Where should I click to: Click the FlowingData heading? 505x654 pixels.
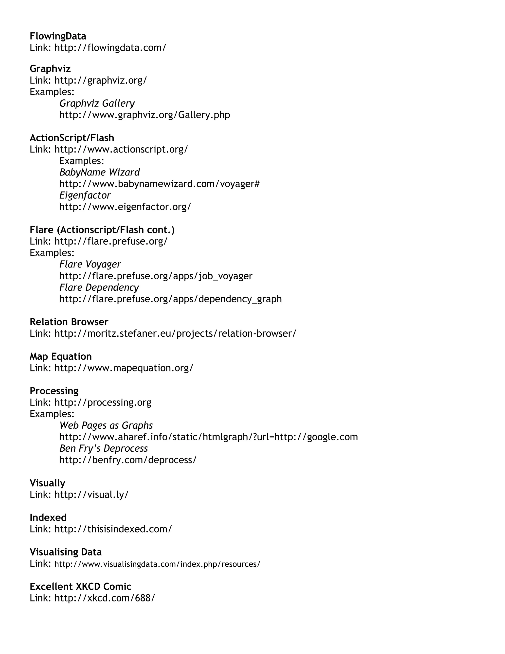click(58, 36)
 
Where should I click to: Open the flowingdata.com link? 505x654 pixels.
click(110, 48)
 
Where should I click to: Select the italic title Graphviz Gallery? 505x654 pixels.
click(97, 103)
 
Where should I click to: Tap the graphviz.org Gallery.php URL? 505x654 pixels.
click(144, 115)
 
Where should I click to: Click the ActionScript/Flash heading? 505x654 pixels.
click(72, 138)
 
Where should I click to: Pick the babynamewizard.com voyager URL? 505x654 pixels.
click(160, 184)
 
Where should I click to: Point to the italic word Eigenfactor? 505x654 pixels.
click(85, 195)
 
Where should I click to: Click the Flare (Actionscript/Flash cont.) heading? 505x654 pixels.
click(102, 230)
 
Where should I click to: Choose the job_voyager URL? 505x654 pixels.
click(156, 276)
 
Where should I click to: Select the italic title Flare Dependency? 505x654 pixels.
click(99, 288)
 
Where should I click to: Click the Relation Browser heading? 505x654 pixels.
click(69, 322)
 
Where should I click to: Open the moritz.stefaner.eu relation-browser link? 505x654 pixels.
click(175, 333)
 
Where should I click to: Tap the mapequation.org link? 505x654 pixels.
click(124, 368)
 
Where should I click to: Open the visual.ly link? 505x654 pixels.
click(91, 494)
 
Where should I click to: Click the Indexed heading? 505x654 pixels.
click(48, 518)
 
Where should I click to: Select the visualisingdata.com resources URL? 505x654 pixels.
click(157, 564)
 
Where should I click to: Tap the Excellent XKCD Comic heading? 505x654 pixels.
click(80, 586)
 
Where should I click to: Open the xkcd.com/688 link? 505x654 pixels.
click(105, 598)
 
